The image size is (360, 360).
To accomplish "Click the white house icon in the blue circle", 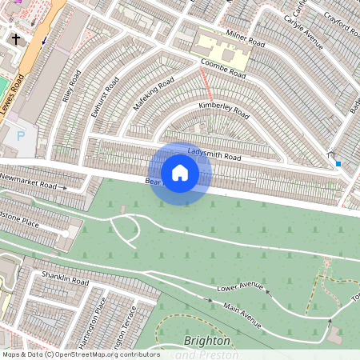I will [180, 173].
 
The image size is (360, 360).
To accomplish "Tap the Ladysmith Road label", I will [214, 154].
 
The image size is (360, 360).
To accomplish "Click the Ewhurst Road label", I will [105, 96].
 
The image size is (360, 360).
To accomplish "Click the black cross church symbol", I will [17, 38].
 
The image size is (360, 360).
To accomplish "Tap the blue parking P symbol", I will [20, 137].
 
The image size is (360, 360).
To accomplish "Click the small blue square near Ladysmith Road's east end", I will [338, 164].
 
